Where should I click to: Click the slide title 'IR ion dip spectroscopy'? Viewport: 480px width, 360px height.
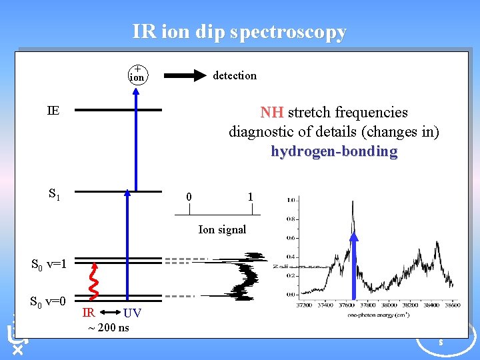pos(239,32)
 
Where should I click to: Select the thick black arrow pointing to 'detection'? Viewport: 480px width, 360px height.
pos(185,75)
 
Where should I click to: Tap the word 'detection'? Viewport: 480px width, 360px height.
pos(234,75)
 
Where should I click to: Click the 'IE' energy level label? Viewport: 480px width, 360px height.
pos(53,111)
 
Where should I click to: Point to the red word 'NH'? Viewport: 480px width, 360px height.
pos(271,112)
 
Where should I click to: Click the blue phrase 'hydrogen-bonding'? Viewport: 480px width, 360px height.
pos(334,151)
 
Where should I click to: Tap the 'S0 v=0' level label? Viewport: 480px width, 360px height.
pos(49,301)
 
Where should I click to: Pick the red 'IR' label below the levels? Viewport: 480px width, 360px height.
pos(88,313)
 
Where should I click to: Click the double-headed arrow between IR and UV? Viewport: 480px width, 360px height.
pos(108,312)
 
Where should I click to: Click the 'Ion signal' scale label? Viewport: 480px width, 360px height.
pos(222,229)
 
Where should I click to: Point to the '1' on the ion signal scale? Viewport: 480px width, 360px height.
pos(250,197)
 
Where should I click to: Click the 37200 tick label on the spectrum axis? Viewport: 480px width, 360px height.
pos(303,305)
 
